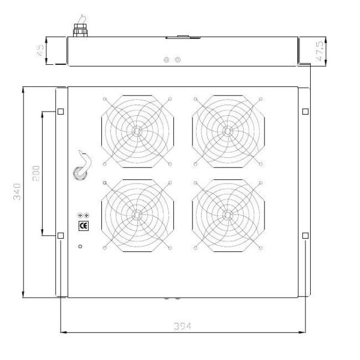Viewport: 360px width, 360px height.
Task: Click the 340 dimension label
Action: [17, 192]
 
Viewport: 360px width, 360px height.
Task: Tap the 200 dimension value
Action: [36, 173]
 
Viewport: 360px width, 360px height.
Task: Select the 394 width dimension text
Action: [182, 326]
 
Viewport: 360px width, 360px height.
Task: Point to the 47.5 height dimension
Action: [319, 51]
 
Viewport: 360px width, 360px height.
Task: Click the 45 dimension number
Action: [40, 50]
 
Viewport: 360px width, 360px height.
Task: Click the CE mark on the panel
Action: [83, 226]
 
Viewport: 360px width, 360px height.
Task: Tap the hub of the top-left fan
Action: [137, 131]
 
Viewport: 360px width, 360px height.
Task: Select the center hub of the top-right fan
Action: [227, 131]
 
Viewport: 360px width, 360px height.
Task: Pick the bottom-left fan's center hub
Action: [137, 215]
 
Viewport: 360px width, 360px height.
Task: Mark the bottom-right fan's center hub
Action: [227, 215]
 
